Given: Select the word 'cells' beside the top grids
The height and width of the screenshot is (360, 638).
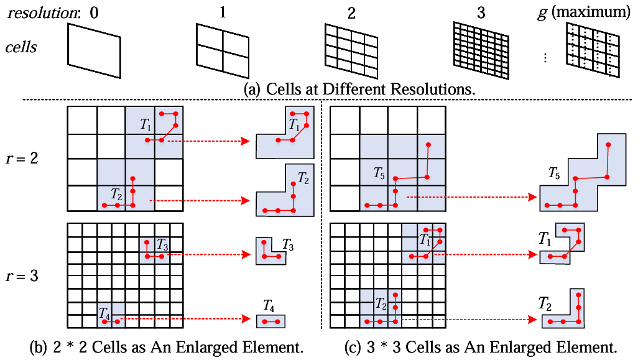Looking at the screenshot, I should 22,47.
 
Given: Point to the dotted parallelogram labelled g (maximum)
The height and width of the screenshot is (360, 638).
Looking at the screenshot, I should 593,45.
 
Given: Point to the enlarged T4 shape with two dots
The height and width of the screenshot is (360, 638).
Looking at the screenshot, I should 270,321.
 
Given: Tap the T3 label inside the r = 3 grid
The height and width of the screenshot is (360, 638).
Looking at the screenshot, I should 162,244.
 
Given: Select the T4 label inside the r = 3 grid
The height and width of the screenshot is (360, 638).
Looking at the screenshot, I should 104,315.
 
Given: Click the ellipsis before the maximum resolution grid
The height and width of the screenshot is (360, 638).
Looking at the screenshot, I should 545,58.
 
